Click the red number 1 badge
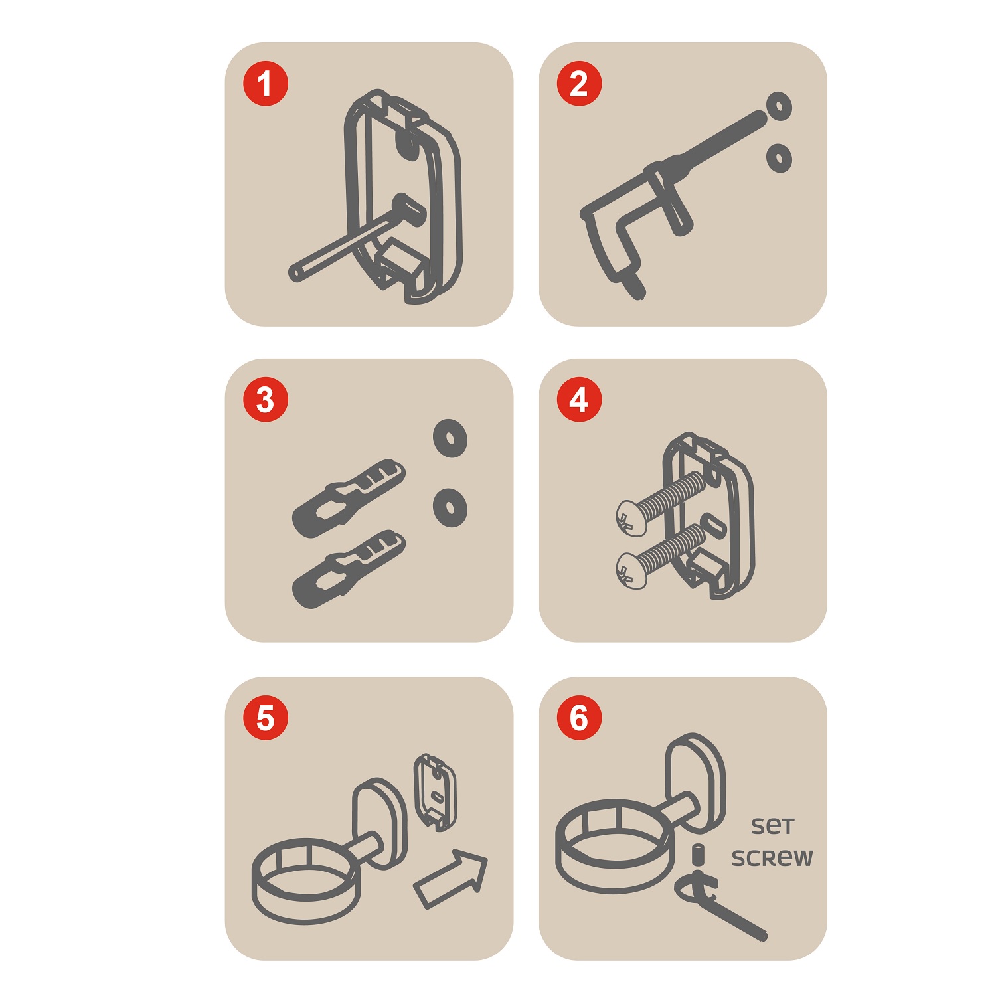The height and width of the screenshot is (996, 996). point(266,84)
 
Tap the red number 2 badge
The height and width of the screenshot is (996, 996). point(579,84)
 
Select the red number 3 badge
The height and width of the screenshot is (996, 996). point(266,400)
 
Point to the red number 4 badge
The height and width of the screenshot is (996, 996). point(579,400)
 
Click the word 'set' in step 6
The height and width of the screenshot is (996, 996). point(772,826)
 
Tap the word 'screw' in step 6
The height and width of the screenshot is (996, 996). point(772,858)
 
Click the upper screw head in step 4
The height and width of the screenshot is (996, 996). point(631,518)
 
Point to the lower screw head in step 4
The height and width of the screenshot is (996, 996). point(631,570)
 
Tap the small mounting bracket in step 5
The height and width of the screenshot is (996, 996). point(435,791)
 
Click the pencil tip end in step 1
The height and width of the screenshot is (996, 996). point(294,273)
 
